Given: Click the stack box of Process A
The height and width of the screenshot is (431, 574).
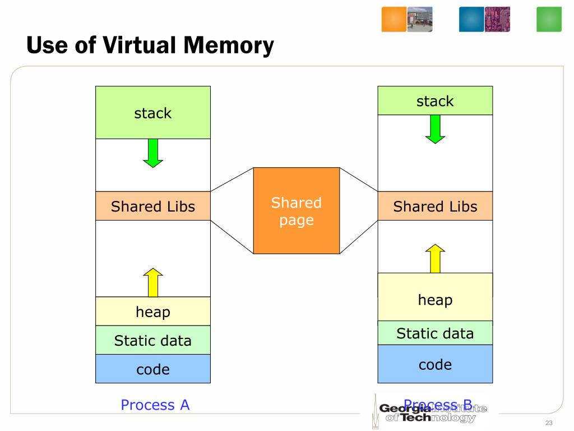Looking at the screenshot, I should pyautogui.click(x=153, y=113).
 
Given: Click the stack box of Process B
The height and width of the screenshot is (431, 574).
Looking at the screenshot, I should pyautogui.click(x=435, y=101).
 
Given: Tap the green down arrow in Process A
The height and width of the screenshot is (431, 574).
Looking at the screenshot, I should pyautogui.click(x=153, y=153).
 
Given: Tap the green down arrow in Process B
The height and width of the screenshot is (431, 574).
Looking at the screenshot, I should pyautogui.click(x=435, y=129).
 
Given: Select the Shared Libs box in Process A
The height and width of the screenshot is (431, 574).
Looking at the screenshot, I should pyautogui.click(x=153, y=206).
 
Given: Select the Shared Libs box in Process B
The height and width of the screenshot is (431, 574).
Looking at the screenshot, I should pyautogui.click(x=435, y=206).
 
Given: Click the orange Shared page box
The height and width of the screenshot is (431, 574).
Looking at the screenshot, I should pyautogui.click(x=297, y=210).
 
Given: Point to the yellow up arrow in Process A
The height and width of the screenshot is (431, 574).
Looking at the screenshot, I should pyautogui.click(x=153, y=282).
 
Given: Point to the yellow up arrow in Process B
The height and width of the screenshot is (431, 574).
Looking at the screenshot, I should pyautogui.click(x=435, y=258).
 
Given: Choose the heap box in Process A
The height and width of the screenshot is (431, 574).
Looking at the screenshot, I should pyautogui.click(x=153, y=311).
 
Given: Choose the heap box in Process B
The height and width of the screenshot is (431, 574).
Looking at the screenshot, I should pyautogui.click(x=435, y=297).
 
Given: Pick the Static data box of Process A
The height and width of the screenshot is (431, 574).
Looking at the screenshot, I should pyautogui.click(x=153, y=340).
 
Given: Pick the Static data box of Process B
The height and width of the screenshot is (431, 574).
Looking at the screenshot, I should pyautogui.click(x=435, y=333).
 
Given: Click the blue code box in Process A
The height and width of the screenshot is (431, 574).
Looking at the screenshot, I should pyautogui.click(x=153, y=369).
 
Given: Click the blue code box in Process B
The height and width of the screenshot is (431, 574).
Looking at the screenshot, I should pyautogui.click(x=435, y=364).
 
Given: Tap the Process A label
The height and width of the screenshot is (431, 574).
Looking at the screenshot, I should pyautogui.click(x=155, y=405).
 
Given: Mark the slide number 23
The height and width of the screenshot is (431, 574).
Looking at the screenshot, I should pyautogui.click(x=549, y=423).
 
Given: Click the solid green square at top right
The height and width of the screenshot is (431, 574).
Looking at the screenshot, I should pyautogui.click(x=549, y=19).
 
